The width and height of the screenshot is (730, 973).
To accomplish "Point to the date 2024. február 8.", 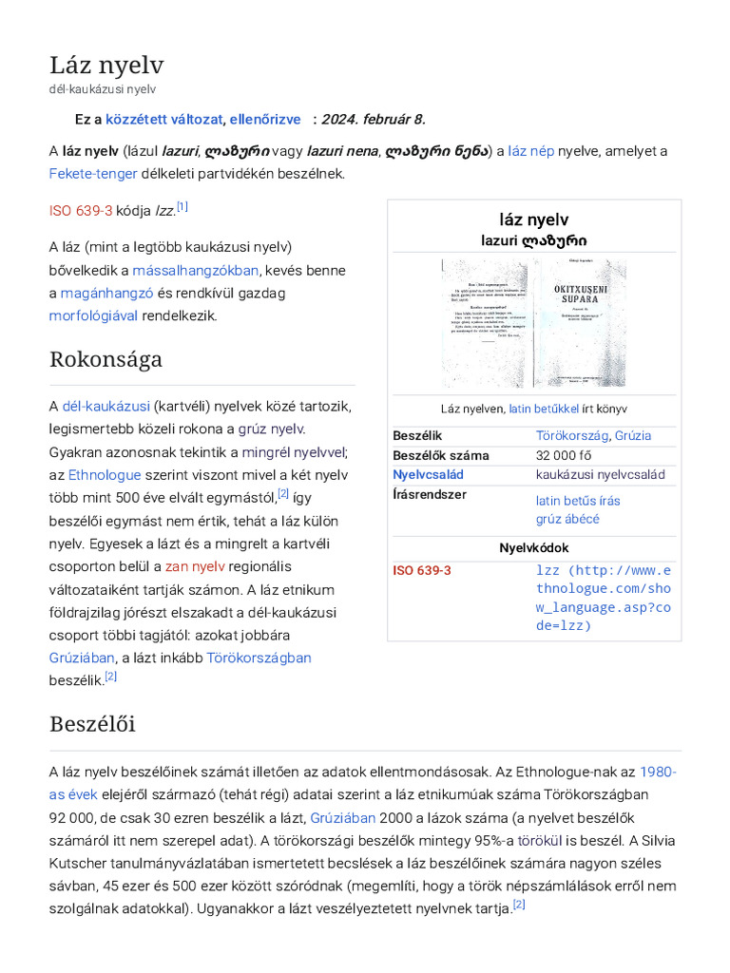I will pos(374,119).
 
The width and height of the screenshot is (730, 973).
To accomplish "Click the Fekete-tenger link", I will pos(93,174).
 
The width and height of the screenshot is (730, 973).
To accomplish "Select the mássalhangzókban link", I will pos(195,270).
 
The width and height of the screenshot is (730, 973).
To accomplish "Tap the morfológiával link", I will pos(93,315).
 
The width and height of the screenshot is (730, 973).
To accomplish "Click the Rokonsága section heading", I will pos(106,359).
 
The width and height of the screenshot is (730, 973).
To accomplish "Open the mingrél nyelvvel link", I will pos(294,451).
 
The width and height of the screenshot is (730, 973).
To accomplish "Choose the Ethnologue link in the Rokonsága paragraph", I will pos(105,474).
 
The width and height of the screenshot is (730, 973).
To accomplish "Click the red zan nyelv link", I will pos(195,566).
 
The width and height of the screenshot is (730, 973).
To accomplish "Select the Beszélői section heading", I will pos(92,724).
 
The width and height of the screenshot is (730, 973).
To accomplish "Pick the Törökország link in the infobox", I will pos(571,435).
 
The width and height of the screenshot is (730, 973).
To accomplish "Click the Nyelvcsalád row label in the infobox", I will pos(428,474).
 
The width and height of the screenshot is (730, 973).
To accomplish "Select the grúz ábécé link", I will pos(567,519).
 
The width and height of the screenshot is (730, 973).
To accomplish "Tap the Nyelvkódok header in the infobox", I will pos(534,548).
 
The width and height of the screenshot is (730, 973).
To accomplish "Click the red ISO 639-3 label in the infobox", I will pos(422,570).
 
